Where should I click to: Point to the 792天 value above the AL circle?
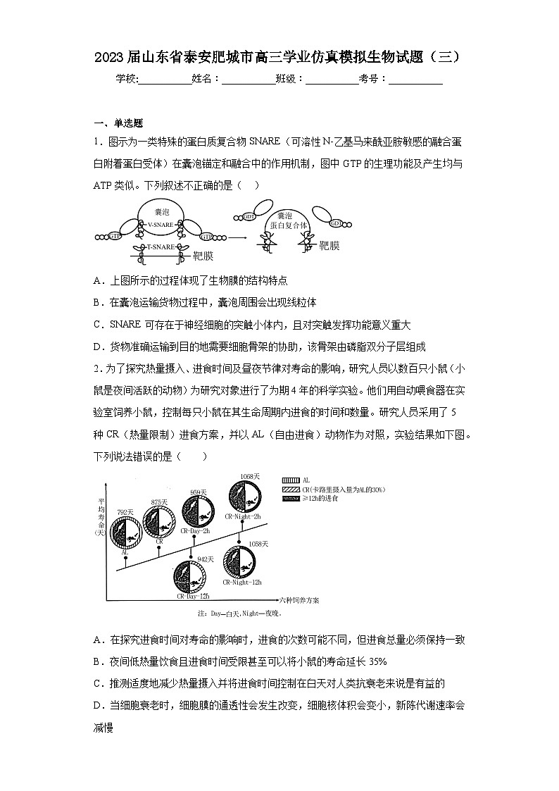click(x=125, y=511)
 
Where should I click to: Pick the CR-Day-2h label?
click(x=195, y=530)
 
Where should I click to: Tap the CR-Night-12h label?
click(x=242, y=582)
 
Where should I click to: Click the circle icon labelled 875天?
click(x=158, y=522)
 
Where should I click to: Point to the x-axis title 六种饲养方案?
click(x=299, y=600)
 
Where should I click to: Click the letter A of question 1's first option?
click(x=97, y=280)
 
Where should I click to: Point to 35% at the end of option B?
click(x=377, y=661)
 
